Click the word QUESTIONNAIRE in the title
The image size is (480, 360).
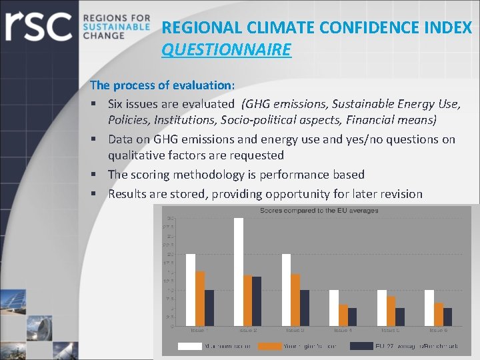coord(226,50)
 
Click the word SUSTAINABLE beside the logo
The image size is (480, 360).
coord(117,26)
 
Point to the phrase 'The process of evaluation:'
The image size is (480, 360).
coord(162,85)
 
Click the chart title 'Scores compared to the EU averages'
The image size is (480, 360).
coord(319,211)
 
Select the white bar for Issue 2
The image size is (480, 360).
coord(239,272)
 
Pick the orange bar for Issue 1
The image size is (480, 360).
coord(200,299)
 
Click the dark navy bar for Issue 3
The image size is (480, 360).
coord(305,308)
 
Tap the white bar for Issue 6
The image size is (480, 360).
coord(429,308)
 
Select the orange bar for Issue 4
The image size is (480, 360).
coord(343,315)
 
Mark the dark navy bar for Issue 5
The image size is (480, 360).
coord(400,317)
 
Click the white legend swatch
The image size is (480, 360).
coord(190,346)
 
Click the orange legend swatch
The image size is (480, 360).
coord(270,346)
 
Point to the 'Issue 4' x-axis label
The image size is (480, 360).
coord(342,331)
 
